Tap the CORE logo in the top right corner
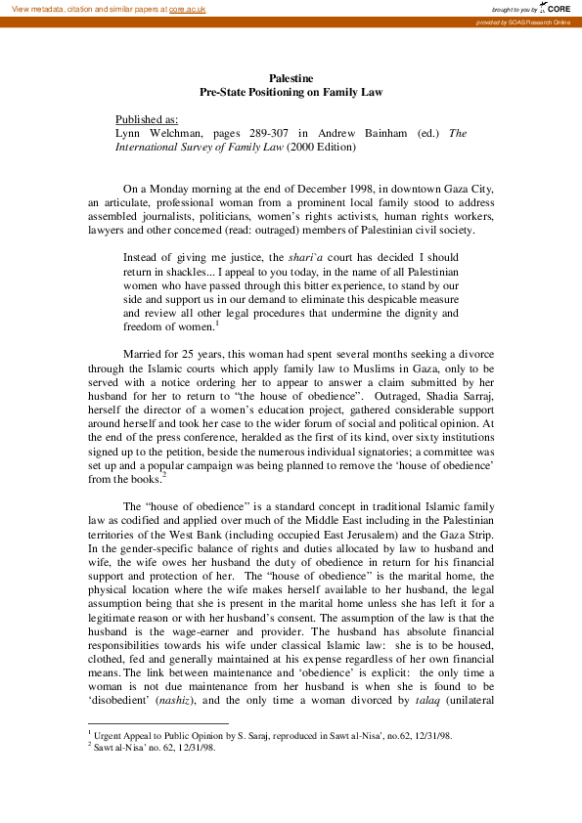coord(558,8)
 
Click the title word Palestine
coord(291,77)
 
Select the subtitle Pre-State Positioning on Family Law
coord(291,91)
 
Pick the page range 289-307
coord(267,133)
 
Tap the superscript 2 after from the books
coord(164,474)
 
